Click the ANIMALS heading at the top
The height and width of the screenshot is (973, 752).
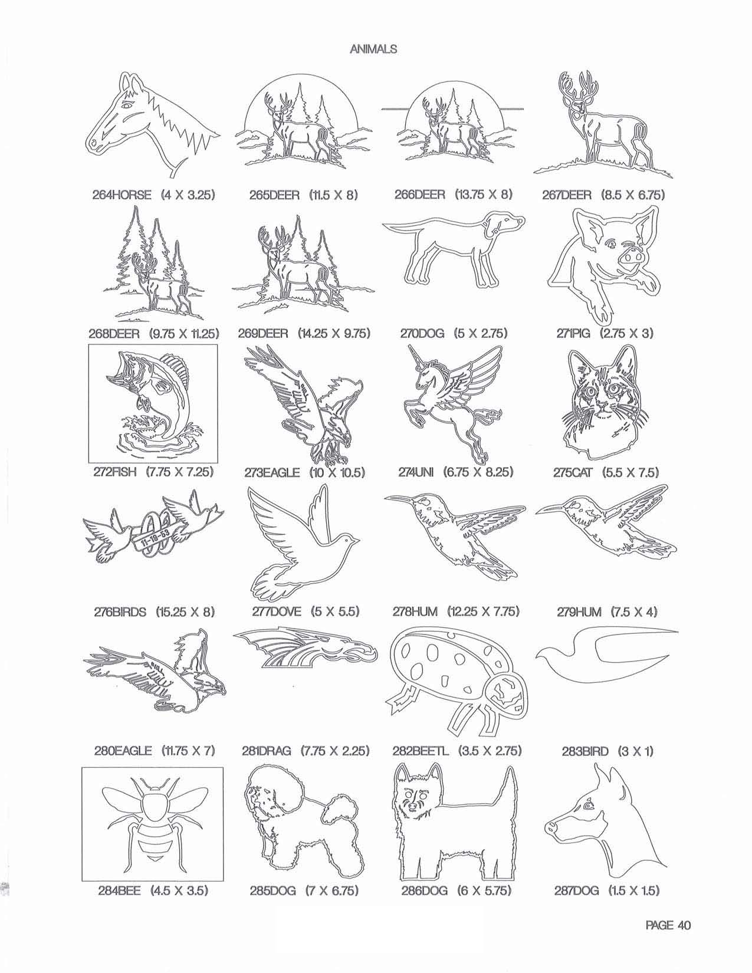click(373, 50)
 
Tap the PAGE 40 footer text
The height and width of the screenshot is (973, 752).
click(668, 925)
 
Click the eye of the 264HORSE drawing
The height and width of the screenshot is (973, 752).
click(128, 105)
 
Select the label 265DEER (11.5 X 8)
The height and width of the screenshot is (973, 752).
click(304, 195)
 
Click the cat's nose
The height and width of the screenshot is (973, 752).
click(602, 408)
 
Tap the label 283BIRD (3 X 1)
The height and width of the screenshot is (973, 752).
click(607, 751)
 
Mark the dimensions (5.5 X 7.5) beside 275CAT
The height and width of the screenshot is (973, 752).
click(630, 472)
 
